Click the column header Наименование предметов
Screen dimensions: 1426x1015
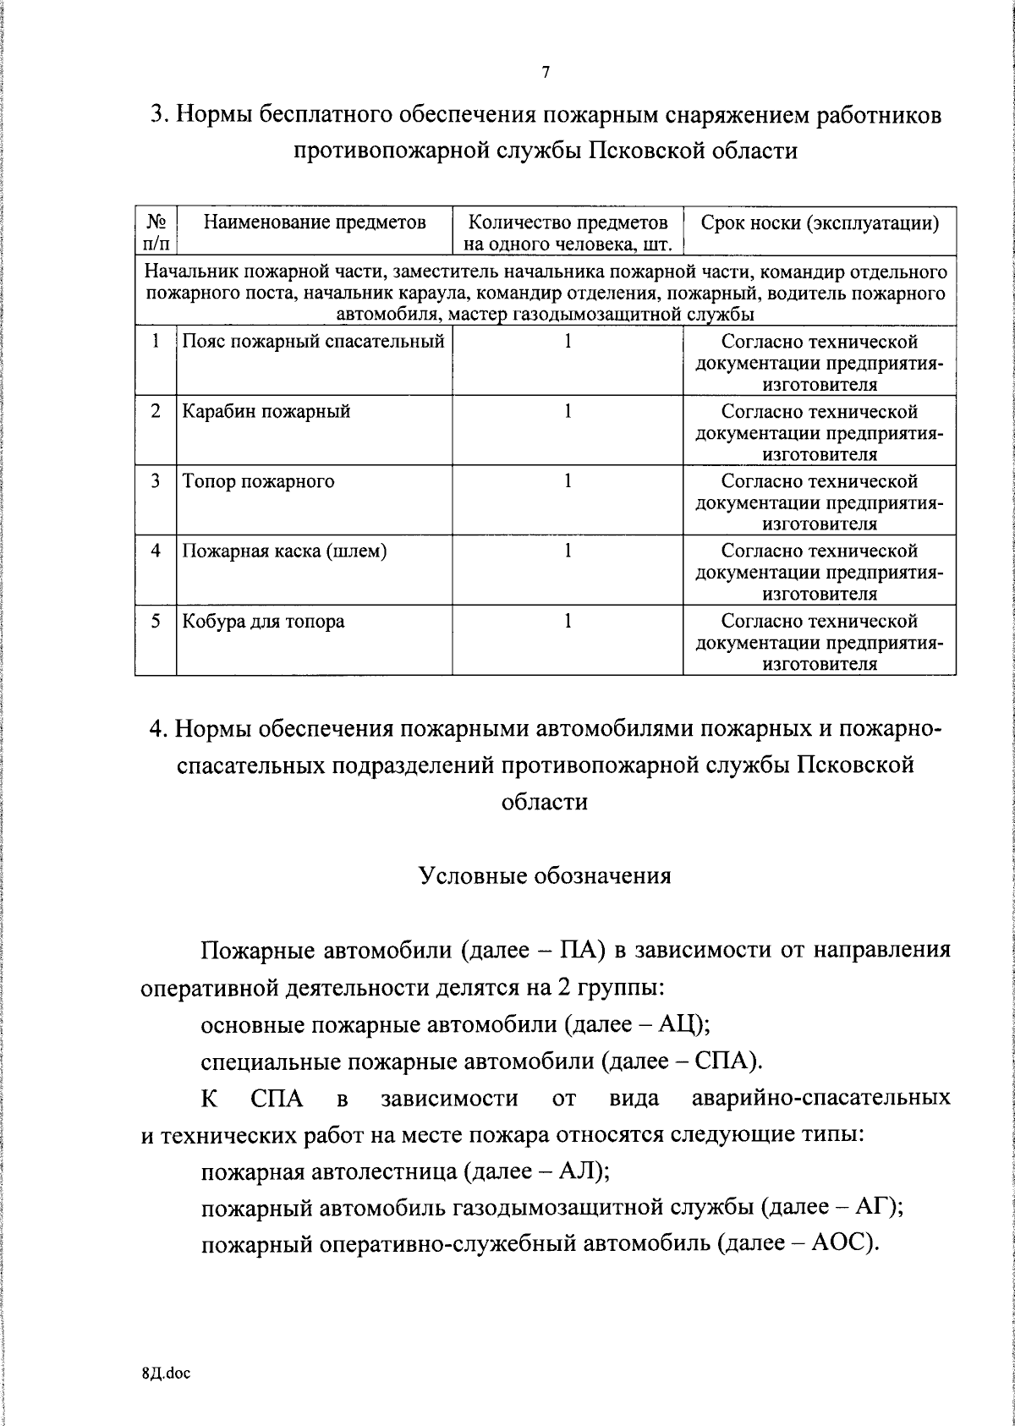pos(315,223)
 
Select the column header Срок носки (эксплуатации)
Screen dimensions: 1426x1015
pos(820,223)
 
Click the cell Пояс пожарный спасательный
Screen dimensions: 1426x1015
pos(314,343)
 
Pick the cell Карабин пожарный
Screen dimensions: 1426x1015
pos(266,412)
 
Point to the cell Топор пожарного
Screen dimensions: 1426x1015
pos(259,481)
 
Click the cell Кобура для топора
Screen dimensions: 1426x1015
pos(264,622)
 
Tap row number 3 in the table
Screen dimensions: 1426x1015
pos(156,481)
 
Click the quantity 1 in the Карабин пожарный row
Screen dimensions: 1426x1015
pos(568,412)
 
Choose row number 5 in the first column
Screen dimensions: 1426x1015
pos(156,622)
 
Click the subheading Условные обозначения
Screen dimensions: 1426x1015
pos(546,875)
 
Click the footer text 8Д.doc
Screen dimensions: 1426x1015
pos(167,1374)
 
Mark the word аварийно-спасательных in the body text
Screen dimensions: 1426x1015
pos(820,1099)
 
